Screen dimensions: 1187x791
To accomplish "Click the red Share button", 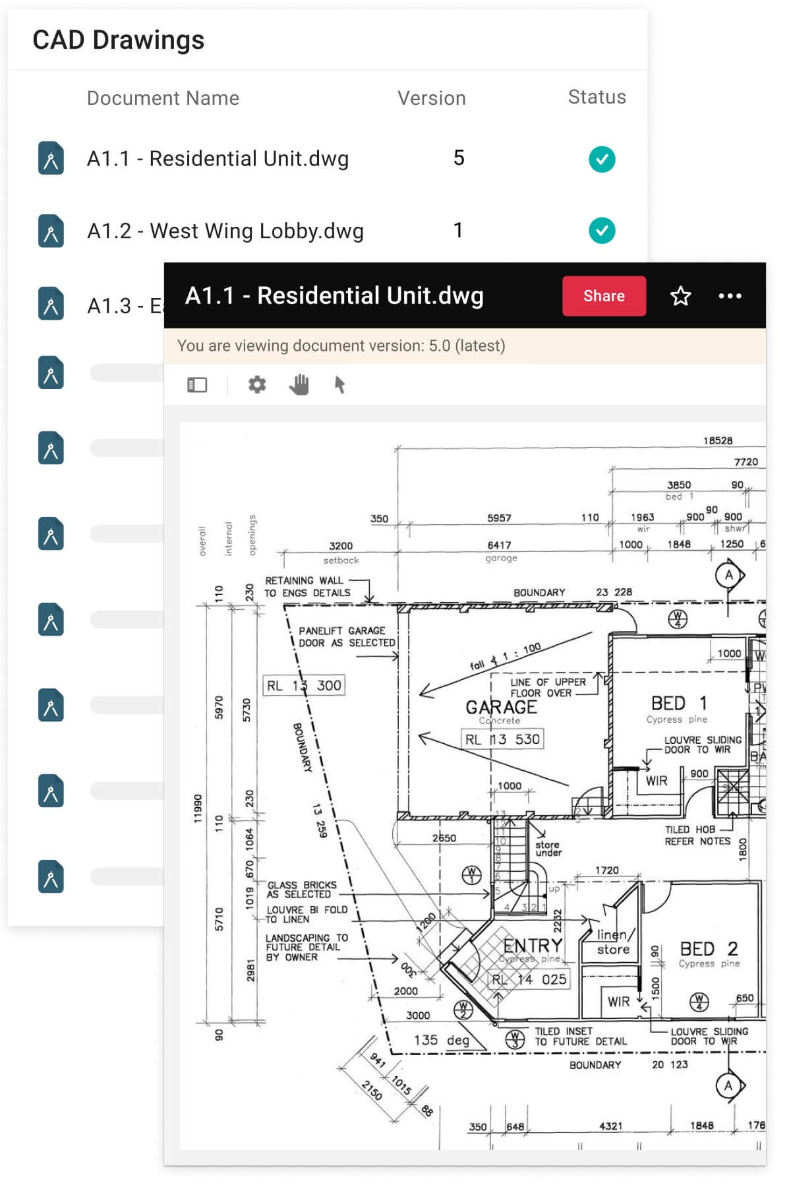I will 603,296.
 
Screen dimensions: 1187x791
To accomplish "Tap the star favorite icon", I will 680,296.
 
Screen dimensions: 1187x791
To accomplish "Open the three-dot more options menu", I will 730,296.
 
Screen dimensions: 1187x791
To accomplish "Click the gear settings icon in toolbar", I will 257,384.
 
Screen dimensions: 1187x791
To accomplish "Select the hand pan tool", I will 299,384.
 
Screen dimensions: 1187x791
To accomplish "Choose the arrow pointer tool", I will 339,384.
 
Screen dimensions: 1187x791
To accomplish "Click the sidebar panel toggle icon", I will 197,384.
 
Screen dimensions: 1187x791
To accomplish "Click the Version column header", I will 431,98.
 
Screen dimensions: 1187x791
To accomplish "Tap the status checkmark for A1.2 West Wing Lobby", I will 602,230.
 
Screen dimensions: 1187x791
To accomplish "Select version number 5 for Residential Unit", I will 459,158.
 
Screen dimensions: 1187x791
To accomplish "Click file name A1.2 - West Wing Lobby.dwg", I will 225,231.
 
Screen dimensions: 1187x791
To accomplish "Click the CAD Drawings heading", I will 119,40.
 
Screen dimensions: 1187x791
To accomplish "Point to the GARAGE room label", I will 501,707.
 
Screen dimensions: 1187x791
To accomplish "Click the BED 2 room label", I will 709,948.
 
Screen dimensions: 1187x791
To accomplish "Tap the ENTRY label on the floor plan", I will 532,945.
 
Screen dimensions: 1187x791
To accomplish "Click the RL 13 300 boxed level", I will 304,685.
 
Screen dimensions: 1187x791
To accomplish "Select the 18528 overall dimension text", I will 717,441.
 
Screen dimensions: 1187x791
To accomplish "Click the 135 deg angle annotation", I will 441,1040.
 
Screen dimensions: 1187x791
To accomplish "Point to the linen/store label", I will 614,942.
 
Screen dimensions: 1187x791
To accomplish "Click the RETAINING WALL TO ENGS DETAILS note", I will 307,586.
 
